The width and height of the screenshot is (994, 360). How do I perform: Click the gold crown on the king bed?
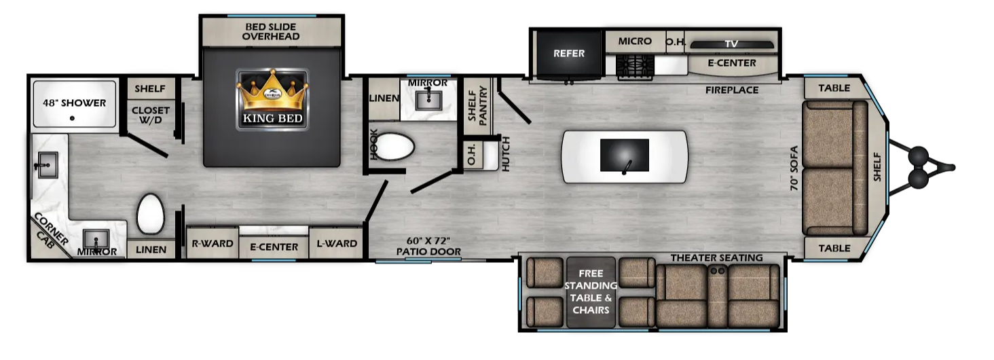point(272,90)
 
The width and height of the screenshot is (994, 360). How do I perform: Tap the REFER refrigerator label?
point(569,54)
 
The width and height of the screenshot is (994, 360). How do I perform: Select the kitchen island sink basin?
point(625,155)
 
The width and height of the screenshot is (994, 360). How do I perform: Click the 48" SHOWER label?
point(75,103)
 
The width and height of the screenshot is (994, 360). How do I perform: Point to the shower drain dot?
point(73,118)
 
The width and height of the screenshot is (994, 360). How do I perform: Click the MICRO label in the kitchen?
point(635,41)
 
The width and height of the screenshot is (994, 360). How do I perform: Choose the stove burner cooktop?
point(635,67)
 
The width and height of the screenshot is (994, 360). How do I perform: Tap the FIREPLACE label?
point(732,90)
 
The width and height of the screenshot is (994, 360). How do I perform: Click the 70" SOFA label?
point(794,168)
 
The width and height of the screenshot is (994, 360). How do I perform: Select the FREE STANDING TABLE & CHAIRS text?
point(591,291)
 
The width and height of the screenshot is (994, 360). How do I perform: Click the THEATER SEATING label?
point(717,258)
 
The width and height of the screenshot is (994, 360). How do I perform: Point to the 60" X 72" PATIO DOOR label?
point(428,247)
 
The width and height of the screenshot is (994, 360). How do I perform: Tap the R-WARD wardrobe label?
point(212,244)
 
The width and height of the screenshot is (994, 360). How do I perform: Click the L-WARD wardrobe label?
point(337,244)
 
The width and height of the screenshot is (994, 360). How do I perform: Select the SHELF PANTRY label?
point(477,106)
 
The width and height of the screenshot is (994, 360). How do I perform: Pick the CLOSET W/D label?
point(151,115)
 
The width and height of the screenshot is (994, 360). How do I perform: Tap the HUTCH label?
point(505,154)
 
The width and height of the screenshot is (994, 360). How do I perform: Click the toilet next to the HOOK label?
point(394,146)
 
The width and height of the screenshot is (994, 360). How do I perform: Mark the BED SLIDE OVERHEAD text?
point(271,31)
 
